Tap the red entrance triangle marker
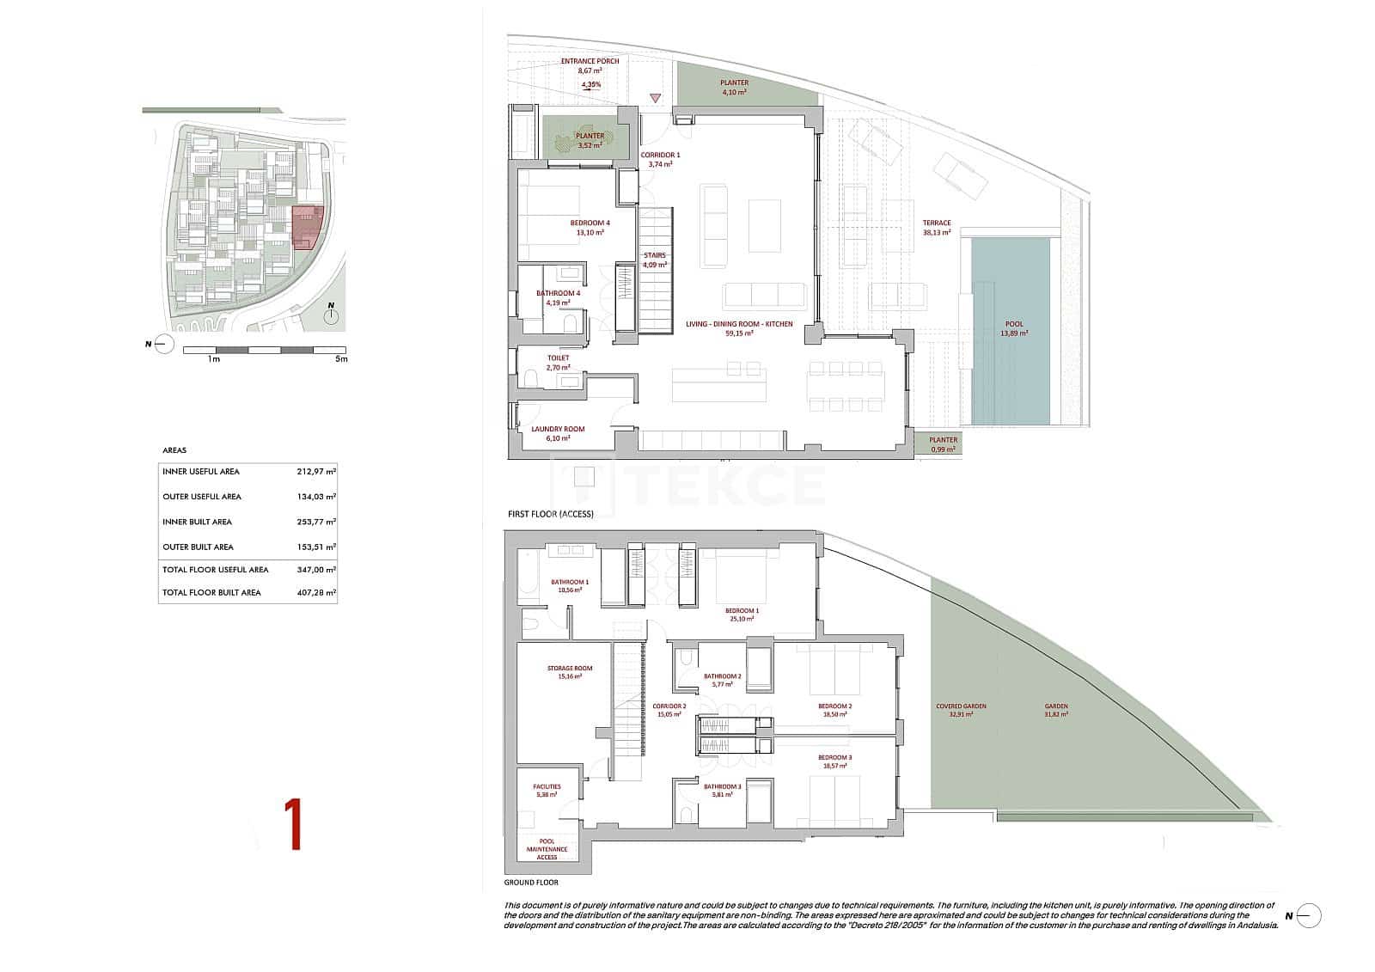(x=655, y=98)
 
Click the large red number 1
(x=293, y=825)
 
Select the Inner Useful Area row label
(x=201, y=471)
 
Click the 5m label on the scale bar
(x=341, y=359)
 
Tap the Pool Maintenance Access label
(x=547, y=849)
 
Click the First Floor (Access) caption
(x=550, y=513)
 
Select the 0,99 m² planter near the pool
(x=943, y=443)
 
